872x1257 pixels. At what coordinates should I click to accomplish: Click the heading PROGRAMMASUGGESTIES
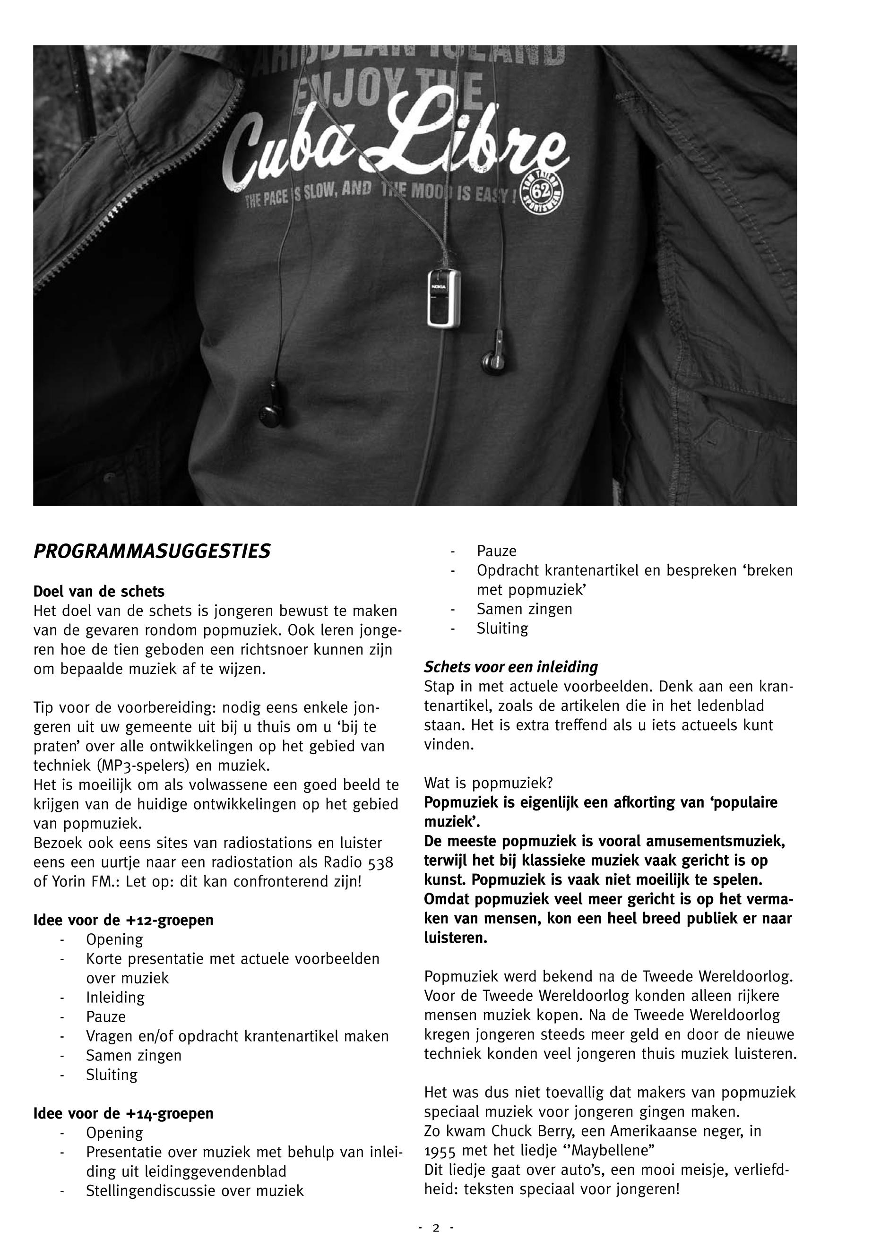click(152, 552)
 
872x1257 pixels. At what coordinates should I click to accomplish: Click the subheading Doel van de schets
click(99, 591)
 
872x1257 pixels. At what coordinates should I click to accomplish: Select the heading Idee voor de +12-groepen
click(123, 920)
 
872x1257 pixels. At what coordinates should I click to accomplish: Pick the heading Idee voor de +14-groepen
click(123, 1113)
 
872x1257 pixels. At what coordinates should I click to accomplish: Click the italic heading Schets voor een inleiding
click(511, 667)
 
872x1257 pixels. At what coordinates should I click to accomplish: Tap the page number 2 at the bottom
click(435, 1228)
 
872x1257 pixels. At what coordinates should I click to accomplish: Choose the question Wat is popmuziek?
click(488, 783)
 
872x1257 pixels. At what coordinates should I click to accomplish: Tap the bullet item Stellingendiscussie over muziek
click(195, 1191)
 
